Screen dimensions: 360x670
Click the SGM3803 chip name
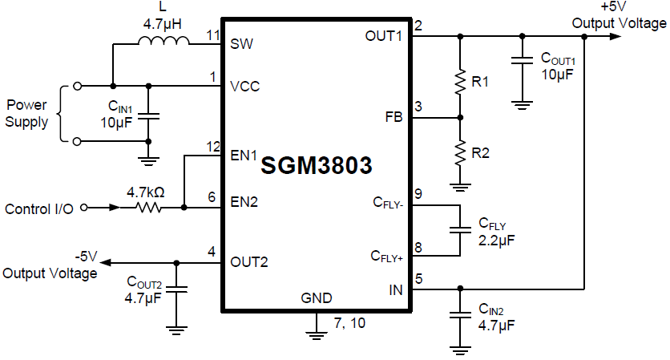(x=317, y=168)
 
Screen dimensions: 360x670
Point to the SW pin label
(x=241, y=43)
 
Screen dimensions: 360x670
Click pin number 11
(x=212, y=35)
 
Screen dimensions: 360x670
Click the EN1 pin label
(x=244, y=154)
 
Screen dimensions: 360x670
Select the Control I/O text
(x=39, y=209)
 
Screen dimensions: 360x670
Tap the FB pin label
(x=394, y=118)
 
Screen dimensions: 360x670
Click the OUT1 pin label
(x=383, y=36)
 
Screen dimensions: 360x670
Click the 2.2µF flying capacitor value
(x=497, y=239)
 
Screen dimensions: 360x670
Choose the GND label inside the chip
(x=317, y=297)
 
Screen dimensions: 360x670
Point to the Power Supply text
(x=27, y=113)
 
